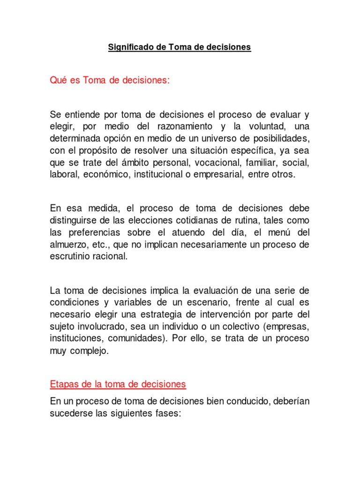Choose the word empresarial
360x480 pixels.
click(x=219, y=174)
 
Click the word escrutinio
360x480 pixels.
click(x=69, y=256)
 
